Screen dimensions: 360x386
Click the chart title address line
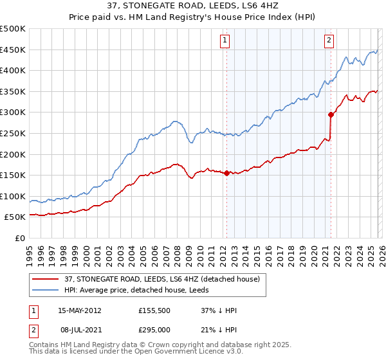[193, 6]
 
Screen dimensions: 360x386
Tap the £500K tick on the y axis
[13, 29]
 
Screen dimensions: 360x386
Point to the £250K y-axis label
[13, 133]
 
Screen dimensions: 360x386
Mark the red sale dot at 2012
[226, 173]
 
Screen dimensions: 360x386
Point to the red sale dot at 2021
[331, 114]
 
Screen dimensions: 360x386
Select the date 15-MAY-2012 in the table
[79, 310]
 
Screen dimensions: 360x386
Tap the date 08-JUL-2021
[79, 330]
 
